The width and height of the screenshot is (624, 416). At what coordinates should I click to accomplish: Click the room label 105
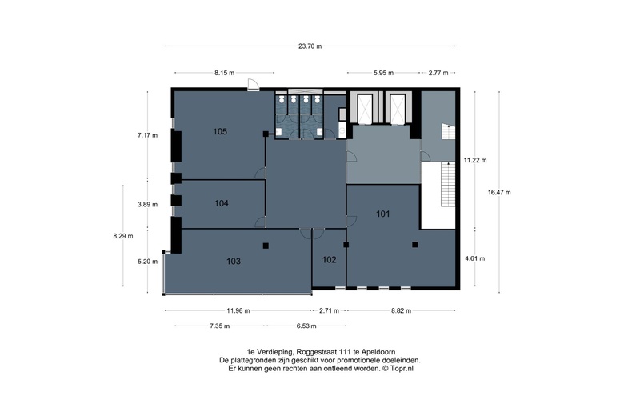(221, 131)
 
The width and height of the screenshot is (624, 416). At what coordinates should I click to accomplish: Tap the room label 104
(222, 203)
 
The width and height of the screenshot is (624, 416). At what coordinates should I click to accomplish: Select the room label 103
(234, 261)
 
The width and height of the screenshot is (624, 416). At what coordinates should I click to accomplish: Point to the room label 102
(329, 260)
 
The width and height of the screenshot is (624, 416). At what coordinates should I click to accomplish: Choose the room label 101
(383, 214)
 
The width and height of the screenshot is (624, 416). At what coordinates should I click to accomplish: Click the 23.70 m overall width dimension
(310, 46)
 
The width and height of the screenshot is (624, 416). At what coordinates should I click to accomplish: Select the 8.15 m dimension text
(224, 73)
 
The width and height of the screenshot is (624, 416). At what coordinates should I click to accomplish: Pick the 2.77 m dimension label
(438, 73)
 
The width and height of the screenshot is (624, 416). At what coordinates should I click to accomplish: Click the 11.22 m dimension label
(475, 160)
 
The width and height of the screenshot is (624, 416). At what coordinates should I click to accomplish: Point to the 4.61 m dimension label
(475, 258)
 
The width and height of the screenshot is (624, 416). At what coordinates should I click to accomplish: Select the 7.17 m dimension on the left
(147, 135)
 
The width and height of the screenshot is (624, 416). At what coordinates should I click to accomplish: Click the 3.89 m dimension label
(147, 204)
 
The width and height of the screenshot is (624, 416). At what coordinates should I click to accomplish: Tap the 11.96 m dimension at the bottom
(238, 310)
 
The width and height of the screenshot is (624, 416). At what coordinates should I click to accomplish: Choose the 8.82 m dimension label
(400, 310)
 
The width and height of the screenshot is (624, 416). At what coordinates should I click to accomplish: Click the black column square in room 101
(415, 245)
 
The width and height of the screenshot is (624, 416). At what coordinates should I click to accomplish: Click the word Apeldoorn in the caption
(376, 351)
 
